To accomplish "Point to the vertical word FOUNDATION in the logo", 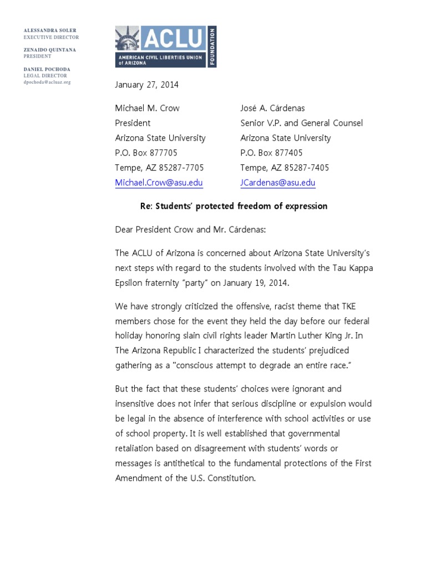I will coord(212,47).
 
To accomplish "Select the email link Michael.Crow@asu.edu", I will coord(159,183).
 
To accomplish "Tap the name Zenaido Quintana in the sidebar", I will coord(50,50).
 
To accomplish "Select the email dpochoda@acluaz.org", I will coord(47,82).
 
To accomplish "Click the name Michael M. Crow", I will coord(147,108).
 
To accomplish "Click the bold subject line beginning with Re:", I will coord(233,206).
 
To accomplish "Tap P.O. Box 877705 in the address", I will coord(146,153).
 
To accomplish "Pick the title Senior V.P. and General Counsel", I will coord(302,123).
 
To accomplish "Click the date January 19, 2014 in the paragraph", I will coord(259,282).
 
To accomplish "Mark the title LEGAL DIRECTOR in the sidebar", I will coord(45,75).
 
